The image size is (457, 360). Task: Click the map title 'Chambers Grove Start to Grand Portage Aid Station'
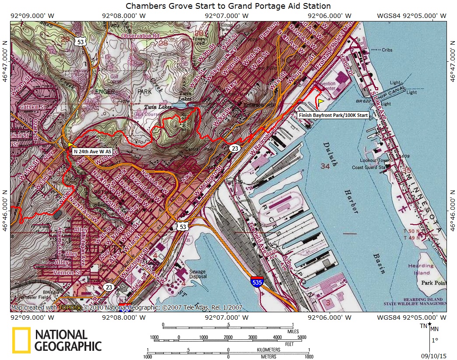click(228, 6)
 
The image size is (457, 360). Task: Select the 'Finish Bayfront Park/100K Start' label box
click(333, 116)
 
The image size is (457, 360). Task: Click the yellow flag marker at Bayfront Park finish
click(321, 102)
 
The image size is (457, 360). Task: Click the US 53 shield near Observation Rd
click(80, 42)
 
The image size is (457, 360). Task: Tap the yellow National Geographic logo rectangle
click(21, 340)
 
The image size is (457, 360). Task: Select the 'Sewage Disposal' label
click(197, 274)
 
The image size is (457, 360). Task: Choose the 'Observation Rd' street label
click(140, 35)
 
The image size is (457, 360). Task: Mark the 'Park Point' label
click(433, 283)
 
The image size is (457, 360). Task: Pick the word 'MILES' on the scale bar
click(287, 332)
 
